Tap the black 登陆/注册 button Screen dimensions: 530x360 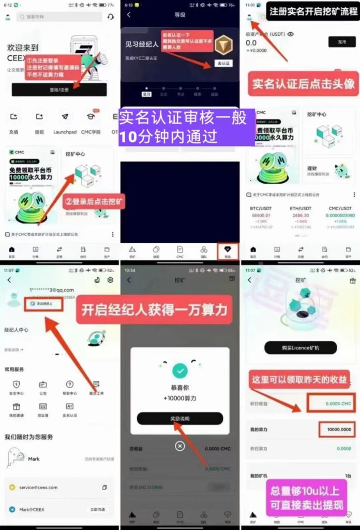click(x=59, y=90)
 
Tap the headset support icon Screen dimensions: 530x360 click(x=110, y=17)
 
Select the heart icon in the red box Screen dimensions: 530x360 click(x=228, y=249)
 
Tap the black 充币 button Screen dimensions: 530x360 click(x=342, y=42)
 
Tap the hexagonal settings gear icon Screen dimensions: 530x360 click(x=110, y=280)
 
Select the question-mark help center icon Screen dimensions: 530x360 click(x=69, y=385)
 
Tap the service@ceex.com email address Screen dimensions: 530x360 click(x=39, y=487)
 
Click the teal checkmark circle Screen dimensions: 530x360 click(x=179, y=371)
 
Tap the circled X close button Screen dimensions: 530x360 click(x=179, y=445)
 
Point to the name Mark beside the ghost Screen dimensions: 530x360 click(x=34, y=459)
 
